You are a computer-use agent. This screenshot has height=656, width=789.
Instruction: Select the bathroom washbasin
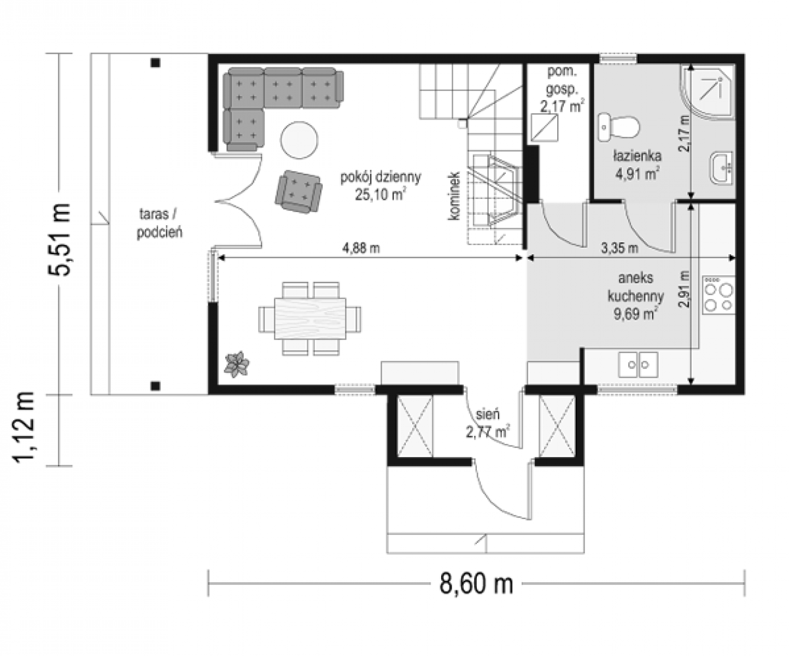click(721, 168)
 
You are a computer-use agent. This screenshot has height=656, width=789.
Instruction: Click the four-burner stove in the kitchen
click(718, 295)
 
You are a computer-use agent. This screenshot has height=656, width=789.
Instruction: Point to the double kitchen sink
click(638, 365)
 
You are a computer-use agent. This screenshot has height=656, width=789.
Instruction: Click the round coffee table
click(299, 140)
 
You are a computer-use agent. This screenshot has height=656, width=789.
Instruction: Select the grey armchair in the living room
click(299, 191)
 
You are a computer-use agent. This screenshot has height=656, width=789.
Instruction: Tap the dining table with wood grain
click(310, 319)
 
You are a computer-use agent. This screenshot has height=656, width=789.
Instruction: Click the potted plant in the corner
click(237, 364)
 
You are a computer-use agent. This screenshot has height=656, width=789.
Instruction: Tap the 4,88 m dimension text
click(361, 248)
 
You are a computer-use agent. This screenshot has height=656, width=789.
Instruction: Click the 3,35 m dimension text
click(619, 248)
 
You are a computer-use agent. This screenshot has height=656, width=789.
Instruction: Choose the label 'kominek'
click(454, 196)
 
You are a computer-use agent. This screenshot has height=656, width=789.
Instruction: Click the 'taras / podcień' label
click(159, 223)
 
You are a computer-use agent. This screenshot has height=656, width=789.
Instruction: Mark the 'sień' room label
click(488, 414)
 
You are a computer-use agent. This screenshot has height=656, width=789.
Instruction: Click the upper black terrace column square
click(155, 63)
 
